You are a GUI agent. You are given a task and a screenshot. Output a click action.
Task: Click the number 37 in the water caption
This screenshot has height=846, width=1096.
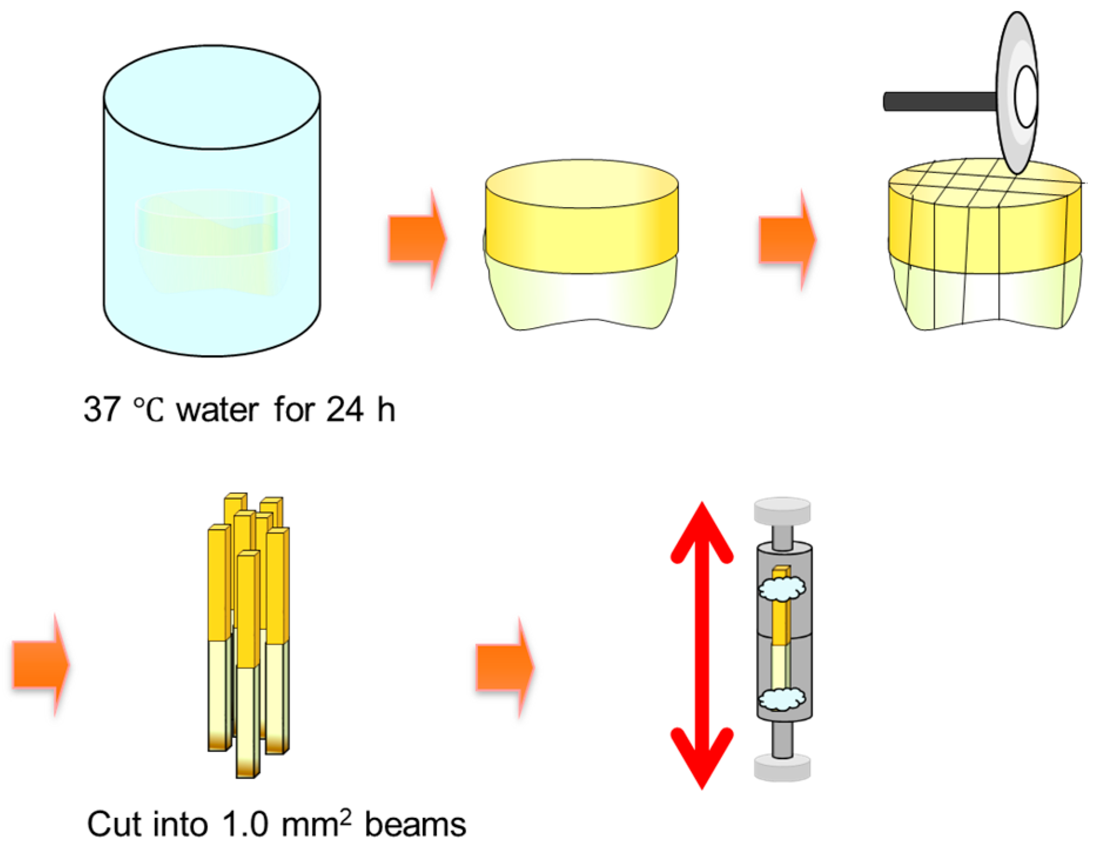coord(102,409)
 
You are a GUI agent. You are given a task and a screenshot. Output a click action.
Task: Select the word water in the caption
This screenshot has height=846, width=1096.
coord(217,409)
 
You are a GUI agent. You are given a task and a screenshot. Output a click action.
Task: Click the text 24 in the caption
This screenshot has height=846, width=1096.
coord(345,409)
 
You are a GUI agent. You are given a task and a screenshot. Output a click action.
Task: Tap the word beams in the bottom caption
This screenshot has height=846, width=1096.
coord(415,824)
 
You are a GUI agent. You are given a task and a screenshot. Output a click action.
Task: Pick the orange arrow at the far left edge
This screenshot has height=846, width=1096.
coord(40,665)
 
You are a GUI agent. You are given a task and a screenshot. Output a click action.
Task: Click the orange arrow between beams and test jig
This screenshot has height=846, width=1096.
coord(504,668)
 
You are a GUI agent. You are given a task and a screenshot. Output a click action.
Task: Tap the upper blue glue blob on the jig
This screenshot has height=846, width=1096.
coord(782,588)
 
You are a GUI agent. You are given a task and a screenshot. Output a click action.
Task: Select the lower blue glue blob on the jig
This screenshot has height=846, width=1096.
coord(782,699)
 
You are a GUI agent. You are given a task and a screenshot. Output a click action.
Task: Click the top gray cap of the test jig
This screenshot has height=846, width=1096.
coord(782,511)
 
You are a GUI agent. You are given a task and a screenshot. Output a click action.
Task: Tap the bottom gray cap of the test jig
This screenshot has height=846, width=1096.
coord(782,768)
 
